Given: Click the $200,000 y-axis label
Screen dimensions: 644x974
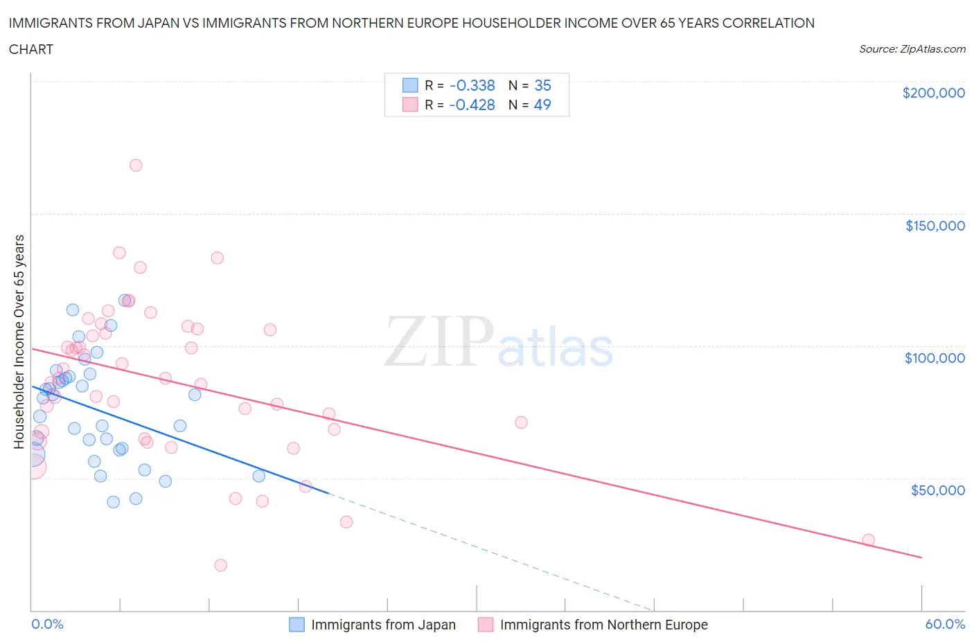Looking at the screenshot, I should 933,93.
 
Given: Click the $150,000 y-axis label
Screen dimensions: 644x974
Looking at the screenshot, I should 935,226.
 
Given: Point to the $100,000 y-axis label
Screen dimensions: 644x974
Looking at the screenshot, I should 935,358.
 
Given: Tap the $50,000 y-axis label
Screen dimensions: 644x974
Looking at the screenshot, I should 937,490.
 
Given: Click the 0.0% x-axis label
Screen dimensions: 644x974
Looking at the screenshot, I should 48,624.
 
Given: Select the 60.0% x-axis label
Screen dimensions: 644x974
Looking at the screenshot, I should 945,624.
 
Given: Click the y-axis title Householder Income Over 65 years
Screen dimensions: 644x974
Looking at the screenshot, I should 19,341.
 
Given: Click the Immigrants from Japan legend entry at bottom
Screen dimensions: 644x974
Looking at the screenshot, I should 373,625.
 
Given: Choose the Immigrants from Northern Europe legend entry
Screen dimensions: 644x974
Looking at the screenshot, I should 593,625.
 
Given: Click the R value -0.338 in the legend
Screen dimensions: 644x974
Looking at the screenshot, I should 472,85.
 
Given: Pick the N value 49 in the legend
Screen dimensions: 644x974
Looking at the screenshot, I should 542,105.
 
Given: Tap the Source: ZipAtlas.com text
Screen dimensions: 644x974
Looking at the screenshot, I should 912,48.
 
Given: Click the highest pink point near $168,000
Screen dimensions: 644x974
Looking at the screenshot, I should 136,166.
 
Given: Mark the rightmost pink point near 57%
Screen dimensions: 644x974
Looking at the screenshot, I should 868,540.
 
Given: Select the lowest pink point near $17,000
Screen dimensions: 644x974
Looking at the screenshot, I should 221,565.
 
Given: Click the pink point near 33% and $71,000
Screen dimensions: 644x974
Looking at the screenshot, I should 521,422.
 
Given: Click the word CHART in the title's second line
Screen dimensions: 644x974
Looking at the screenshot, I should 31,49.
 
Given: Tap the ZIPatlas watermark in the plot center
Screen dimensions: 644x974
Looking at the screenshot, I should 499,342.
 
